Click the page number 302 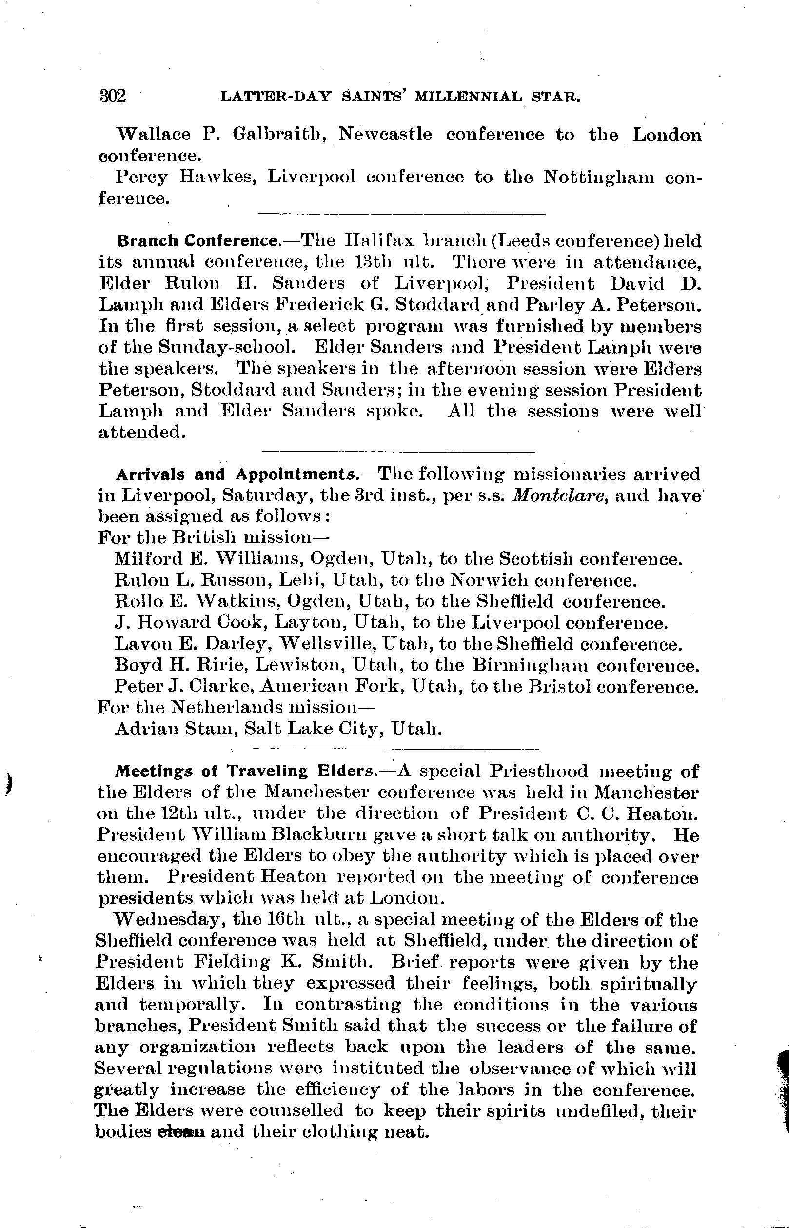pyautogui.click(x=112, y=96)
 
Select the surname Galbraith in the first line pyautogui.click(x=276, y=135)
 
